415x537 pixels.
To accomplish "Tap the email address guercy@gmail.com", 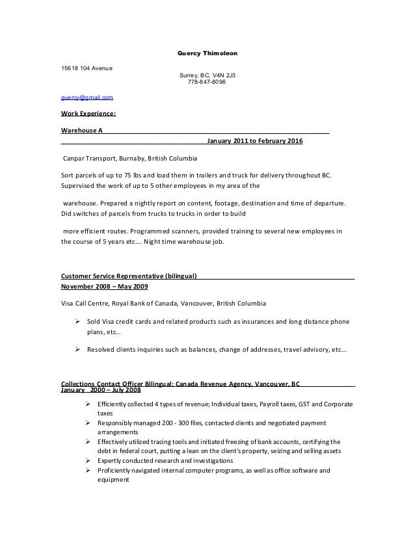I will coord(86,98).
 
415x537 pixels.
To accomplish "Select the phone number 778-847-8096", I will coord(204,82).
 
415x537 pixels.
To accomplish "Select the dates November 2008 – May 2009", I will coord(105,286).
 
